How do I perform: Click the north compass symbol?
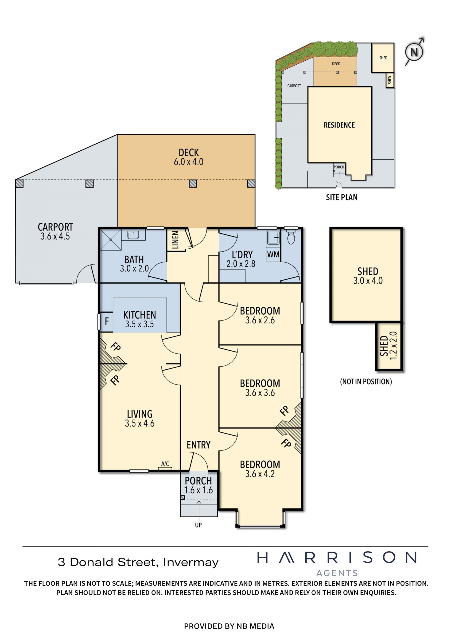[414, 52]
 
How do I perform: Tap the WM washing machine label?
[273, 254]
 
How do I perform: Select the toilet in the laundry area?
[291, 236]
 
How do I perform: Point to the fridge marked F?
[107, 321]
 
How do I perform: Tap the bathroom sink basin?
[133, 235]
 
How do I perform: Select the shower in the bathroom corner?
[111, 239]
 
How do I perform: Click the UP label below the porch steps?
[198, 525]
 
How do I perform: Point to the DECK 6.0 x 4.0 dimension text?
[189, 162]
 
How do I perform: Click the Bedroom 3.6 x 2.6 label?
[260, 315]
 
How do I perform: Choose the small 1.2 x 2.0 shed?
[389, 346]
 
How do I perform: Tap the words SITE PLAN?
[342, 197]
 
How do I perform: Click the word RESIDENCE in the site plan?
[339, 125]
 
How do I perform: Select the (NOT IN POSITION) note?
[366, 382]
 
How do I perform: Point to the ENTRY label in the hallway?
[198, 445]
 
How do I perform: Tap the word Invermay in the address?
[191, 562]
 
